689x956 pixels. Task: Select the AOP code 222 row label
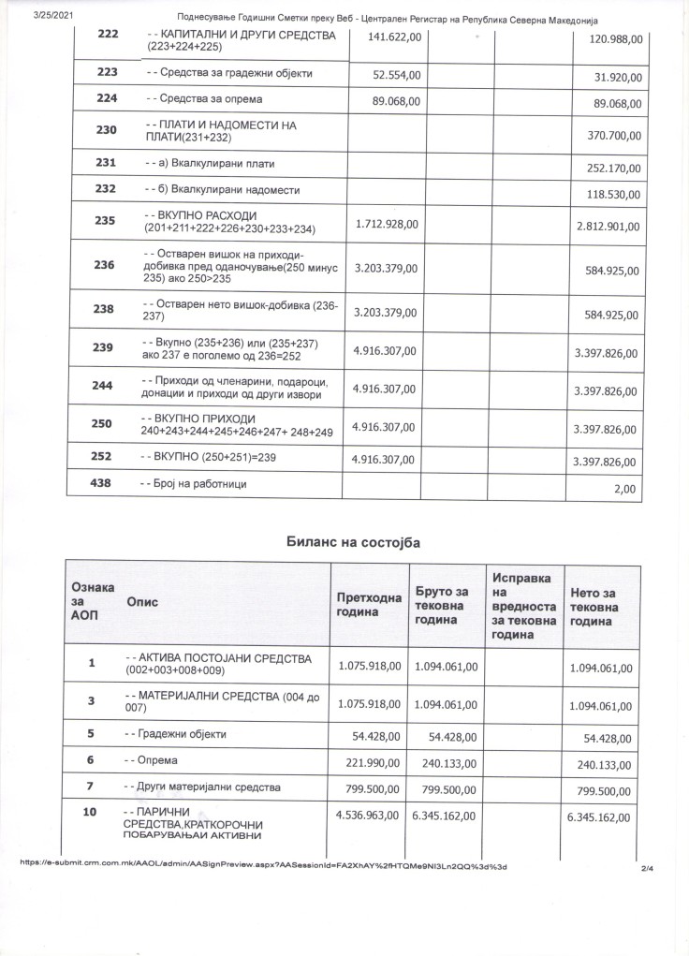point(107,35)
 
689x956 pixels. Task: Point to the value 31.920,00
point(615,76)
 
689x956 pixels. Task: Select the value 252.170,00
point(611,169)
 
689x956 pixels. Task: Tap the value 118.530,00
point(611,195)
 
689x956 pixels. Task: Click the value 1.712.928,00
point(388,224)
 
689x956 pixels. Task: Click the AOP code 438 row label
point(103,483)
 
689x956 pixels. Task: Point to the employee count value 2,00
point(623,488)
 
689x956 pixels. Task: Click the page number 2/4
point(647,870)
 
